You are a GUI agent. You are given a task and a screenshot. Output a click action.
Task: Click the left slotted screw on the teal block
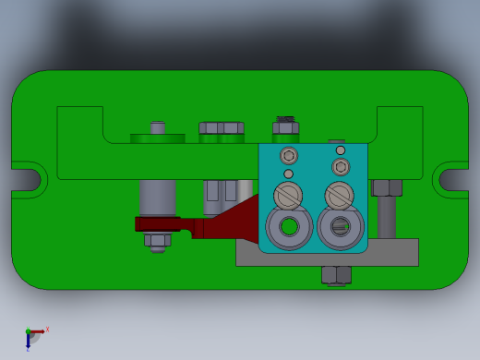tap(288, 196)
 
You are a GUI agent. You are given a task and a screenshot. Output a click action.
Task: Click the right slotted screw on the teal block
tap(339, 196)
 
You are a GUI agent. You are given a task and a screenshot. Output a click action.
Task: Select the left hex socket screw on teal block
tap(289, 156)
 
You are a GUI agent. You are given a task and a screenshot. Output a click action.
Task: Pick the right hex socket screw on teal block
tap(341, 167)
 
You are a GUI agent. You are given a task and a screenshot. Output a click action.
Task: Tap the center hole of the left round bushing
tap(289, 226)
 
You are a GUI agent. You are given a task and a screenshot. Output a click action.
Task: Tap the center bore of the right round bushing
tap(340, 225)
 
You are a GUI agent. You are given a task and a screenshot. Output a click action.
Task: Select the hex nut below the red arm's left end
tap(157, 241)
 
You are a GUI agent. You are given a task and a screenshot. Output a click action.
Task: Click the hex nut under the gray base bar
tap(336, 275)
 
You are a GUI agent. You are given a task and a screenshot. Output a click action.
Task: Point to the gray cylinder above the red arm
tap(158, 198)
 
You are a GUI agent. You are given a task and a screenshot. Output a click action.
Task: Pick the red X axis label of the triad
tap(47, 329)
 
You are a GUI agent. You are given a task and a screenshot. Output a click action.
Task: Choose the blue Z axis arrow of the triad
tap(29, 342)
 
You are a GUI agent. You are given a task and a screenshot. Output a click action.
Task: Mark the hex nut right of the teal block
tap(387, 188)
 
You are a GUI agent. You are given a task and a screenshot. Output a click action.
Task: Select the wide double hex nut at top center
tap(222, 128)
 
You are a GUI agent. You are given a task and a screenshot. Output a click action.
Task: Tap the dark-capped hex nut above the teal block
tap(285, 126)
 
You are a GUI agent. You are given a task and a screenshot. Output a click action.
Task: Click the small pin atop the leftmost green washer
tap(158, 127)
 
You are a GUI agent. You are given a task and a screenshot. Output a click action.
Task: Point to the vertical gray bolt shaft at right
tap(387, 218)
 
